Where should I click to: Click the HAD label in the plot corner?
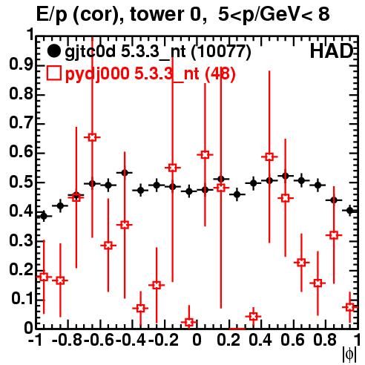(x=332, y=51)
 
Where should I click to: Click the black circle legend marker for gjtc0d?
(x=53, y=51)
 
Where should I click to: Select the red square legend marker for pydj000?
(x=53, y=73)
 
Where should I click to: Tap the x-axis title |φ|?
(x=349, y=354)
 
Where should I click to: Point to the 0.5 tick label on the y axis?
(x=21, y=182)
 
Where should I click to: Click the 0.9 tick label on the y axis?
(x=21, y=65)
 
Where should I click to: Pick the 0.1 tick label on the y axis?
(x=22, y=299)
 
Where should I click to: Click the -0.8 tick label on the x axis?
(x=67, y=341)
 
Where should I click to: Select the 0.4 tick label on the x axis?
(x=260, y=341)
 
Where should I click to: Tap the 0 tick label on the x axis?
(x=197, y=341)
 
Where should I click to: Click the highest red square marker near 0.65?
(x=92, y=137)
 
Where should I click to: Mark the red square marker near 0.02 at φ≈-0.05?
(x=189, y=322)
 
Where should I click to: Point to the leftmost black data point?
(x=44, y=216)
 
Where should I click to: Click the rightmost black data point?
(x=349, y=211)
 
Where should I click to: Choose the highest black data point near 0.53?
(x=125, y=172)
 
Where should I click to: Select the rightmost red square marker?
(x=349, y=307)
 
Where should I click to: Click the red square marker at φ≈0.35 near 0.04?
(x=253, y=316)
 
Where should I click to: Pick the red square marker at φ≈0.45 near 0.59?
(x=269, y=157)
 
